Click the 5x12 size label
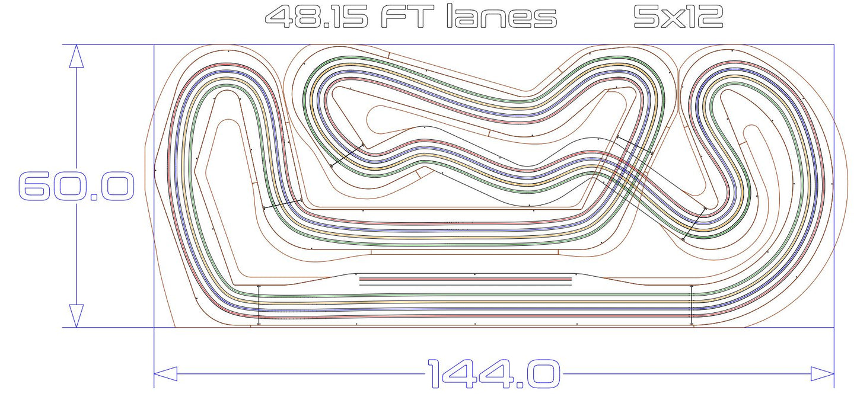678,17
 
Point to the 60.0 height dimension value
77,186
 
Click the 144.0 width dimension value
493,374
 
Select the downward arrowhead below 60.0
76,315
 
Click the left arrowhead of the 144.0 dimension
165,374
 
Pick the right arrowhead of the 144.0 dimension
823,374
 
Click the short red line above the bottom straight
466,277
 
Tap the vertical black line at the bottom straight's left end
259,305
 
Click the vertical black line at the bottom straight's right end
692,305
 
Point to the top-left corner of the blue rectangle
154,45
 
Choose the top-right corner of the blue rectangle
834,45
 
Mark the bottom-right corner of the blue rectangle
834,327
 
